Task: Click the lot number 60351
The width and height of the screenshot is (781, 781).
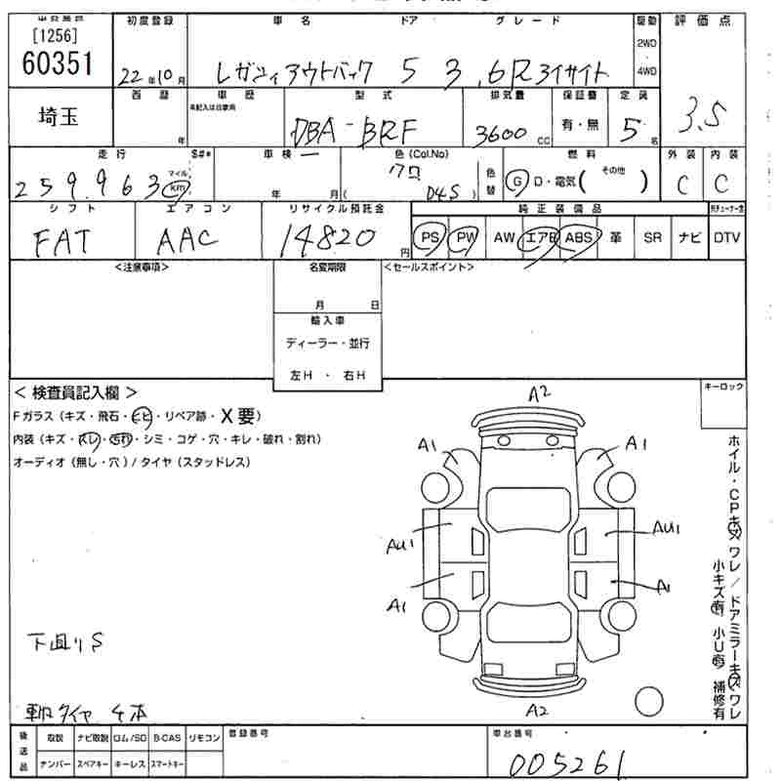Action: pos(57,63)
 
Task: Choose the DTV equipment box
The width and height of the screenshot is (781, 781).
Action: pos(726,237)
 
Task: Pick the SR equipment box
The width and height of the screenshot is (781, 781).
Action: pos(650,237)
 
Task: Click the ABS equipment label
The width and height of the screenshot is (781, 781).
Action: pos(579,237)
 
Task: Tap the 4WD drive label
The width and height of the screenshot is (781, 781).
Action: pos(645,71)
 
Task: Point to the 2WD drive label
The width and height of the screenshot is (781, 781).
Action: pos(645,44)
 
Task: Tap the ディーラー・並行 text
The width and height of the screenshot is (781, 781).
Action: pos(327,344)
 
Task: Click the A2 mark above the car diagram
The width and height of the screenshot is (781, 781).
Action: pos(540,393)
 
